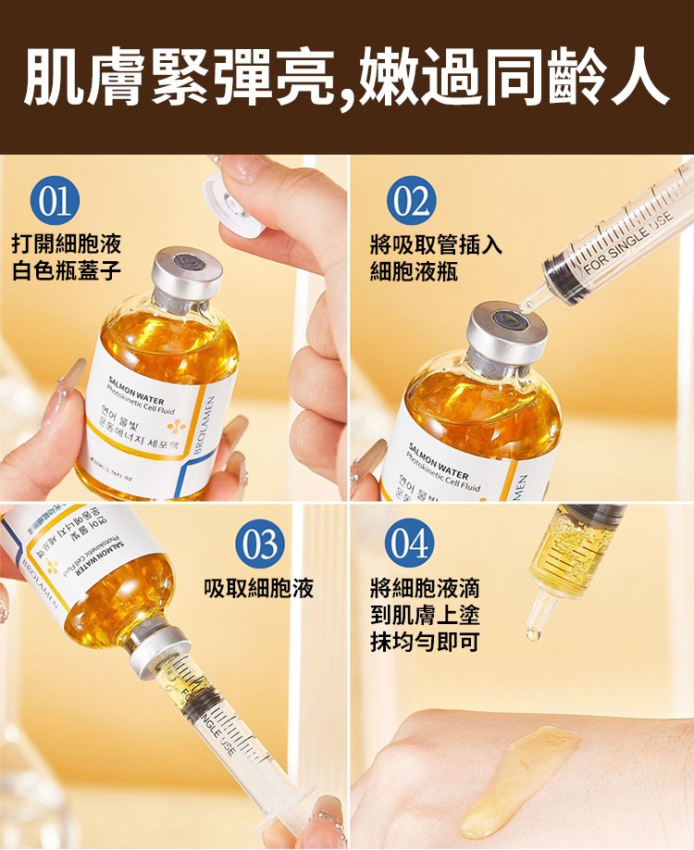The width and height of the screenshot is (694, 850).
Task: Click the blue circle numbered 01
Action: pos(55,203)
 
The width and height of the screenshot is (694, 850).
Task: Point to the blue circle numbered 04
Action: pos(411,544)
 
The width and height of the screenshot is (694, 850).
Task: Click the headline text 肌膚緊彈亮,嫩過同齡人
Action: pos(347,79)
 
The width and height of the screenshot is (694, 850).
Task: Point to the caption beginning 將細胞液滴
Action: pos(425,614)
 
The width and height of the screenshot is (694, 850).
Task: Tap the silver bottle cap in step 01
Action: pos(187,278)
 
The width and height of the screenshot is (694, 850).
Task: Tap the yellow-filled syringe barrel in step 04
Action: pos(565,551)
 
